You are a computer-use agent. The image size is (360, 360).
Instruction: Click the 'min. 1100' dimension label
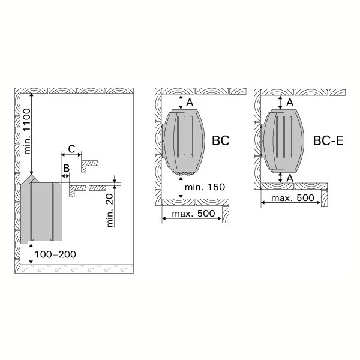click(x=27, y=131)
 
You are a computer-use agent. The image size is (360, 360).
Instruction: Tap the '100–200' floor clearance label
click(x=55, y=254)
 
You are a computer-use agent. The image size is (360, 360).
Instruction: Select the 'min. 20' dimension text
click(x=110, y=211)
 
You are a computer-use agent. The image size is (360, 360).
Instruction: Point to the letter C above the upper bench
click(x=71, y=149)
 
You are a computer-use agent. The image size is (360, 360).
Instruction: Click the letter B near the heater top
click(x=66, y=168)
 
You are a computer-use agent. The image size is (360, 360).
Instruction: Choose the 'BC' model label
click(x=221, y=140)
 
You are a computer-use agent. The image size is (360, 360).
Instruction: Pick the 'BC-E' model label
click(x=328, y=140)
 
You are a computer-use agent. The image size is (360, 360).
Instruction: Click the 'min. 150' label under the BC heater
click(x=205, y=187)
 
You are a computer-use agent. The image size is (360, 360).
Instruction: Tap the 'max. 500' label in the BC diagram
click(x=193, y=214)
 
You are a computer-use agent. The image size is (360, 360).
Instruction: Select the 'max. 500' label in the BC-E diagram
click(x=293, y=198)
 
